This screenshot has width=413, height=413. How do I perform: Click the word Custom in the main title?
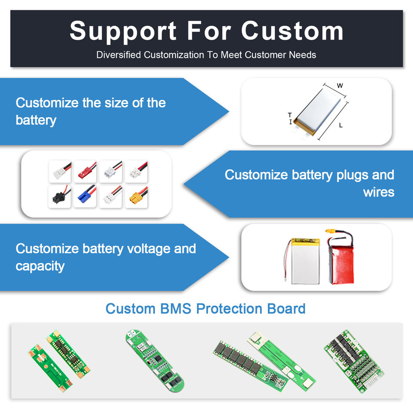(292, 31)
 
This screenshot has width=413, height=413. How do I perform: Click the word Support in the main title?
(123, 31)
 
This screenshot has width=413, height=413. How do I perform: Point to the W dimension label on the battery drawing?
(340, 86)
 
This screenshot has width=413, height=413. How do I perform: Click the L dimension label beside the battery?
(341, 126)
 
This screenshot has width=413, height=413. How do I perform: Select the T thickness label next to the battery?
(290, 115)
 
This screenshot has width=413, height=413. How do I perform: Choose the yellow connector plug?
(136, 197)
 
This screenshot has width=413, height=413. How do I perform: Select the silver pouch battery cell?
(306, 262)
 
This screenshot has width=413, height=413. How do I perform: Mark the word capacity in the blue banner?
(40, 266)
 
